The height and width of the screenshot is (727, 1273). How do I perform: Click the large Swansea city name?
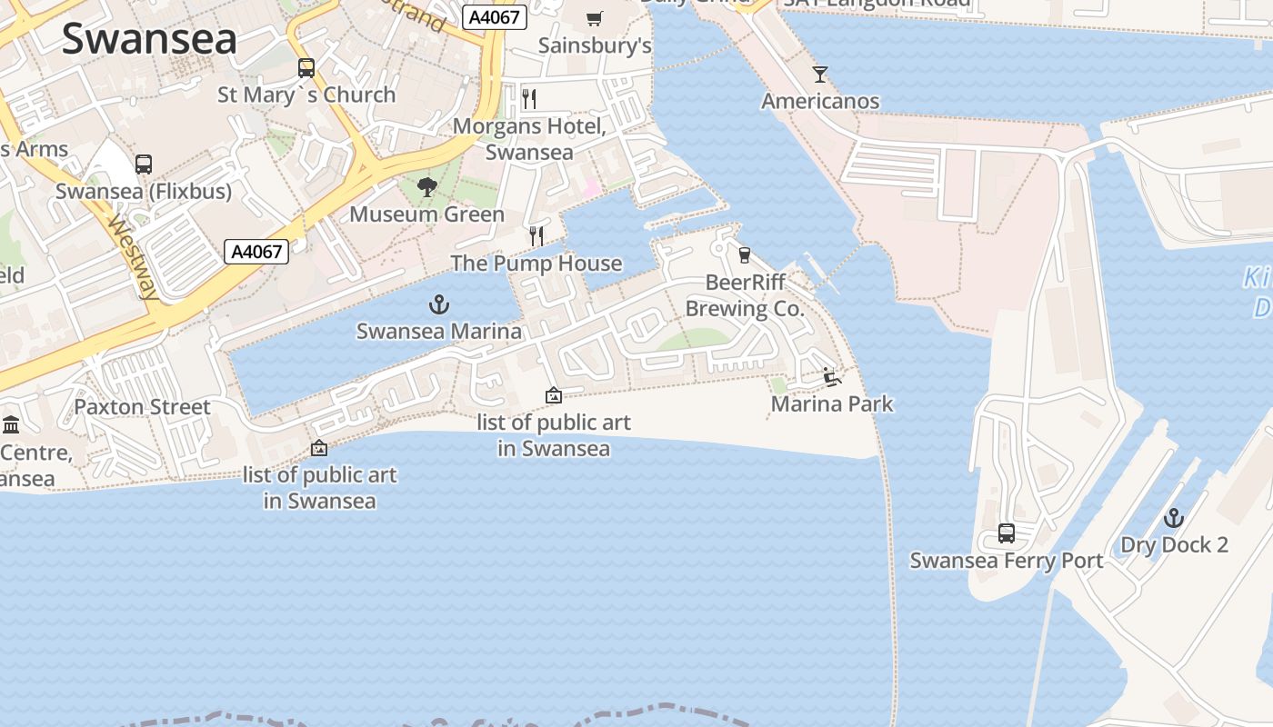[x=149, y=38]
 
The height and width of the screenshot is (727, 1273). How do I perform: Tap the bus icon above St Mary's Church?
[x=306, y=68]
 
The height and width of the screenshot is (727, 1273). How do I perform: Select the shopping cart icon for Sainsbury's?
[x=595, y=18]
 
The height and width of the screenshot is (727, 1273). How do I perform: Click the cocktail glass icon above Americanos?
[x=820, y=75]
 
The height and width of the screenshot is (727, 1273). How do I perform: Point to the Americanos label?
[x=820, y=101]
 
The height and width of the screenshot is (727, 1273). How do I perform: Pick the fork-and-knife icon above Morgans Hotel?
[x=529, y=98]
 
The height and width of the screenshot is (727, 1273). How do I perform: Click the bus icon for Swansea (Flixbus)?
[x=144, y=164]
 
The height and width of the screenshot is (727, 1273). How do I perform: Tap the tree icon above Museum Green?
[x=426, y=188]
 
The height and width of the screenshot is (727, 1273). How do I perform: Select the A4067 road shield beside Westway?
[x=256, y=252]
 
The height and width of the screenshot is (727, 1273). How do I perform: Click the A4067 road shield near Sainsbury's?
[x=494, y=17]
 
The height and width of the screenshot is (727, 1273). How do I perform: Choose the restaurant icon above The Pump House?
[x=536, y=236]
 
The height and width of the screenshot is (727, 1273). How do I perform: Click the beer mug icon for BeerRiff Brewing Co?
[x=745, y=255]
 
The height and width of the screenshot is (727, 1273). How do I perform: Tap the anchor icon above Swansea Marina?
[x=439, y=304]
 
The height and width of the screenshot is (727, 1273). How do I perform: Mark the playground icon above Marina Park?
[x=831, y=376]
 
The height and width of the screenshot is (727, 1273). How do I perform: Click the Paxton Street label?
[x=142, y=406]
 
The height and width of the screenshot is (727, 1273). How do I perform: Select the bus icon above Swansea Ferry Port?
[x=1007, y=533]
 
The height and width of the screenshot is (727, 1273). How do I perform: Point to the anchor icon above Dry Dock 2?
[x=1174, y=519]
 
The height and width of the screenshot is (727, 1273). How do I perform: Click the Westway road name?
[x=133, y=257]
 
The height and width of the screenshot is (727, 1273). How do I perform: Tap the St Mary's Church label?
[x=306, y=95]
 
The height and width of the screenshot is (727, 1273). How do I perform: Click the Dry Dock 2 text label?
[x=1174, y=545]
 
